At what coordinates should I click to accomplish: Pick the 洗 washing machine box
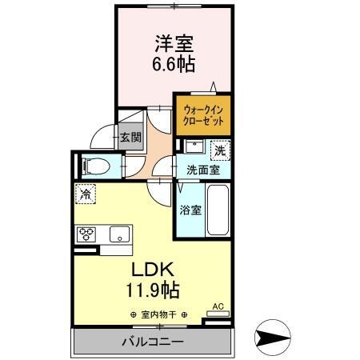point(218,150)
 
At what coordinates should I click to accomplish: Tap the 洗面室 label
point(204,170)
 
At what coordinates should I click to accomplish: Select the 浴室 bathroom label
point(190,211)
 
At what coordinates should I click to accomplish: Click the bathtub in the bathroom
point(218,210)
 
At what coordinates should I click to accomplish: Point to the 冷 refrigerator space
point(85,193)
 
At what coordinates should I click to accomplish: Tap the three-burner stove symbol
point(86,234)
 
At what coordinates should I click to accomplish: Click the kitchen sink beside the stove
point(118,234)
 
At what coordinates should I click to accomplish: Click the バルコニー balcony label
point(152,342)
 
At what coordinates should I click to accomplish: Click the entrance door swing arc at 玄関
point(102,137)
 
